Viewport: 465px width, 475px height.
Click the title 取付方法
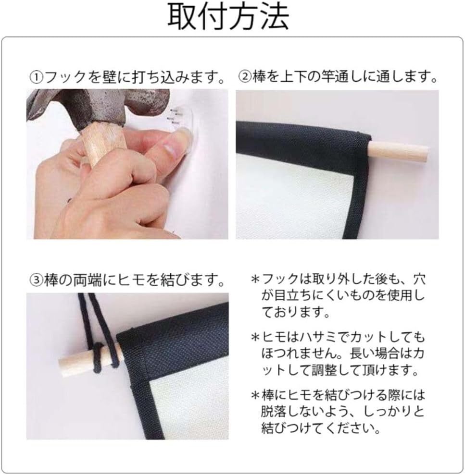[x=228, y=18]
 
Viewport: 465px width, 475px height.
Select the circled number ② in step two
[x=245, y=77]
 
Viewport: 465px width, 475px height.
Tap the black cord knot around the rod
[x=102, y=355]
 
